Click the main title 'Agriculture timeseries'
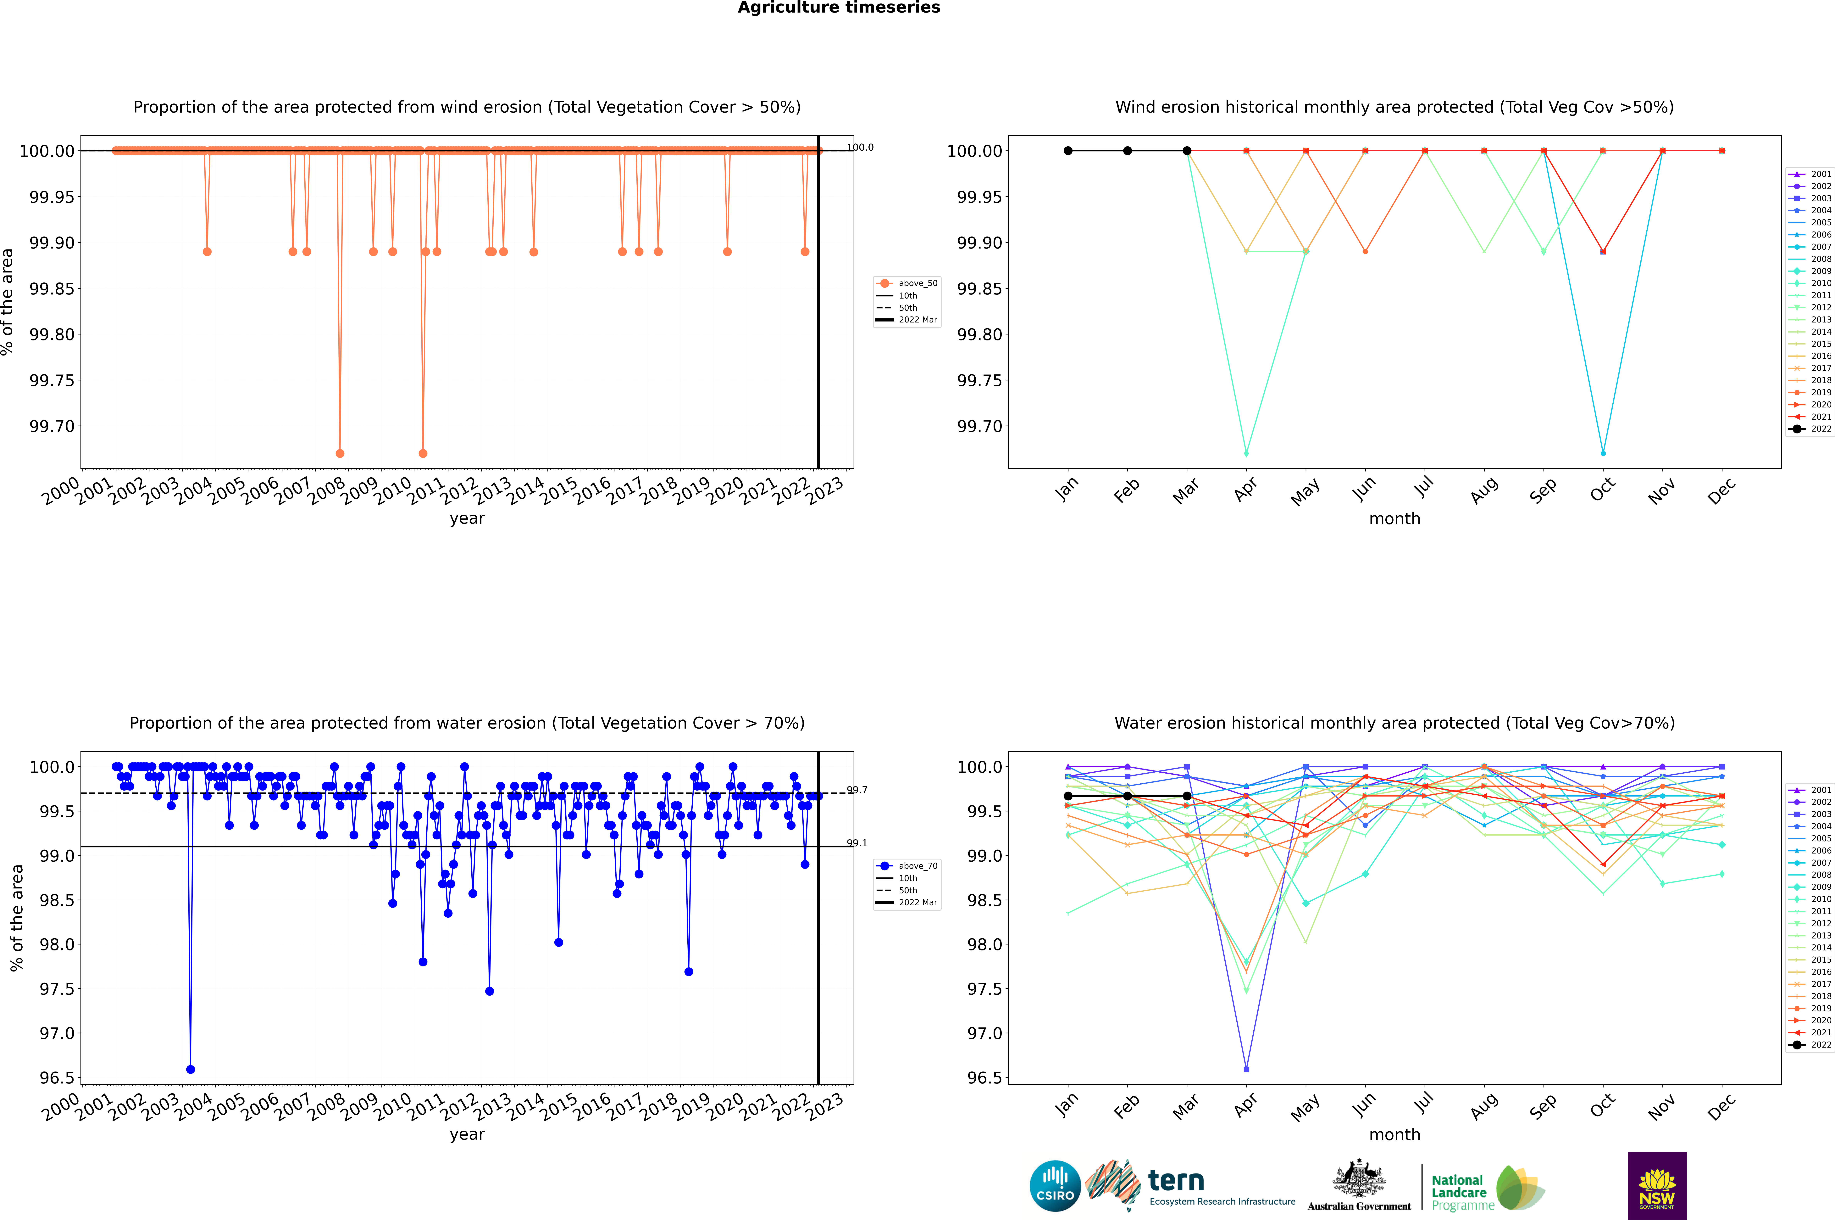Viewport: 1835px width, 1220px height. tap(839, 8)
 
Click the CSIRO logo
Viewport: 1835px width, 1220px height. tap(1055, 1186)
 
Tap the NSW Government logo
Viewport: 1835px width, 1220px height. tap(1657, 1186)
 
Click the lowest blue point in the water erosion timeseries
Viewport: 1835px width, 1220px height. tap(191, 1069)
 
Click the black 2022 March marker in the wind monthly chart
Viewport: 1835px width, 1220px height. tap(1187, 151)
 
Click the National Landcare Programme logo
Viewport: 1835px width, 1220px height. tap(1486, 1188)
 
